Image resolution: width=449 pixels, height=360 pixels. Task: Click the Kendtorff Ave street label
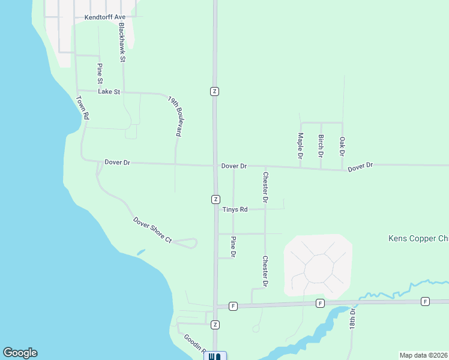104,18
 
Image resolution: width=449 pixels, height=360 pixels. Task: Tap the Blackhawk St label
122,42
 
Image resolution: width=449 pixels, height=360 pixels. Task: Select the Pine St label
100,73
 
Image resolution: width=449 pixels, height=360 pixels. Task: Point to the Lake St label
109,92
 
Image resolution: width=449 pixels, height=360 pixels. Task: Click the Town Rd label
83,107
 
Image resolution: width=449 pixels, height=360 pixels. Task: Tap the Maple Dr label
300,146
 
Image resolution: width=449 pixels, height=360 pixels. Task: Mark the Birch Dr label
321,146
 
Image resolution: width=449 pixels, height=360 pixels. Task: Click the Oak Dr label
342,146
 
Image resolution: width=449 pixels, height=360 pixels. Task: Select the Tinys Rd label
235,209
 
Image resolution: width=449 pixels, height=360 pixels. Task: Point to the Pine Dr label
233,247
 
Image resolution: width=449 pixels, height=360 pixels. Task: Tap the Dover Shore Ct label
152,230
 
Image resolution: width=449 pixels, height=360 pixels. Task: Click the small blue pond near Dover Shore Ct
140,252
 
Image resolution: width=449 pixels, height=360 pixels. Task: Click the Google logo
20,353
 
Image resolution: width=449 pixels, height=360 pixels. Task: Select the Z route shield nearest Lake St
214,91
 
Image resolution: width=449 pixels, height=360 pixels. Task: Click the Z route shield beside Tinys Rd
214,199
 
